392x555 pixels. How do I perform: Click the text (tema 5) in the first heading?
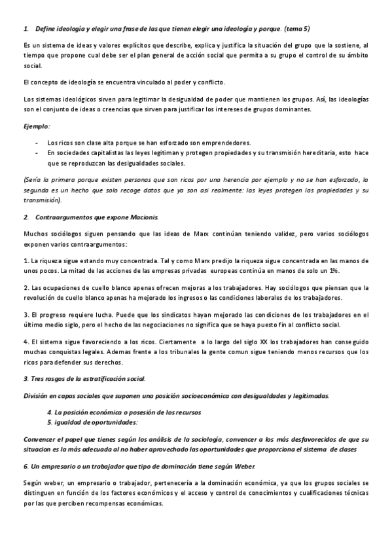296,29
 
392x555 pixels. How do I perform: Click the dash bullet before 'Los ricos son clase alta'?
36,142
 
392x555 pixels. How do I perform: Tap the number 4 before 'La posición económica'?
50,412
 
